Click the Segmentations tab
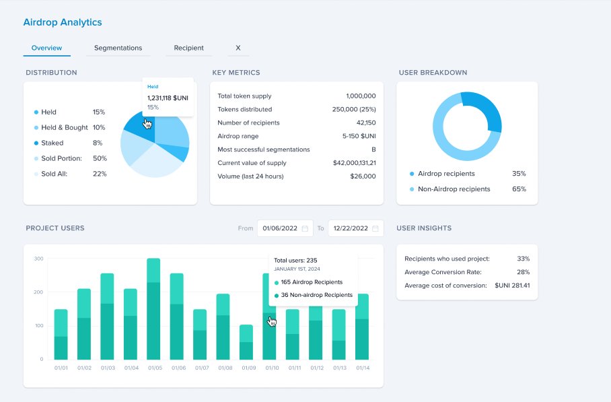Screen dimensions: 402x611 [x=118, y=48]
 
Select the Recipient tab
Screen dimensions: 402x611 [x=188, y=48]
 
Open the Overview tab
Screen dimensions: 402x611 [x=46, y=48]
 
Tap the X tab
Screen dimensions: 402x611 [x=238, y=48]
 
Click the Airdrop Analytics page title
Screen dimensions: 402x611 [x=63, y=22]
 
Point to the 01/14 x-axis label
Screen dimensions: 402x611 [x=362, y=368]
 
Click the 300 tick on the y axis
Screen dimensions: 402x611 [x=38, y=259]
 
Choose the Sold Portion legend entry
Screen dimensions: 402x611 [x=61, y=158]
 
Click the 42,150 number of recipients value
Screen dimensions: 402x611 [x=365, y=123]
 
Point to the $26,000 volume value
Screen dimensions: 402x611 [x=363, y=176]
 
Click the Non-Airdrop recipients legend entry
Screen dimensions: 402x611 [x=454, y=189]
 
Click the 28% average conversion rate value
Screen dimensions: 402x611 [x=523, y=272]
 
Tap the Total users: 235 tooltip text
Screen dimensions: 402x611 [x=295, y=260]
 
